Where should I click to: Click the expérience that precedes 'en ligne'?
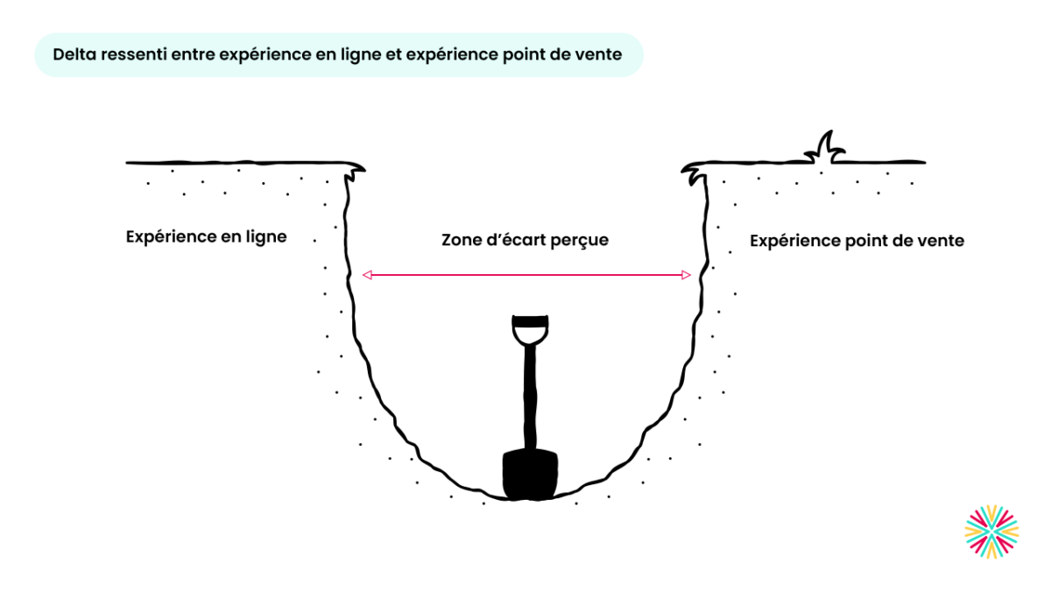267,55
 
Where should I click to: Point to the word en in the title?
326,55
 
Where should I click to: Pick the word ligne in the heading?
360,55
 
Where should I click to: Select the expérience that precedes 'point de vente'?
452,55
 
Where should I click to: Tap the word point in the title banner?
524,54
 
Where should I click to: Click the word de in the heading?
562,54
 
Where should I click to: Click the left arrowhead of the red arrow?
367,275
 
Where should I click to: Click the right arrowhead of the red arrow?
687,275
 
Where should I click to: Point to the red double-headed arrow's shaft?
526,275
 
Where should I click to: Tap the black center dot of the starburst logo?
991,531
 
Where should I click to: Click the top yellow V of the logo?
991,513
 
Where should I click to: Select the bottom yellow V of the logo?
991,551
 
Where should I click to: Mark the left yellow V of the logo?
972,531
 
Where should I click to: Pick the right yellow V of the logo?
1011,531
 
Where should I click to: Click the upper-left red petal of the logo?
978,518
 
